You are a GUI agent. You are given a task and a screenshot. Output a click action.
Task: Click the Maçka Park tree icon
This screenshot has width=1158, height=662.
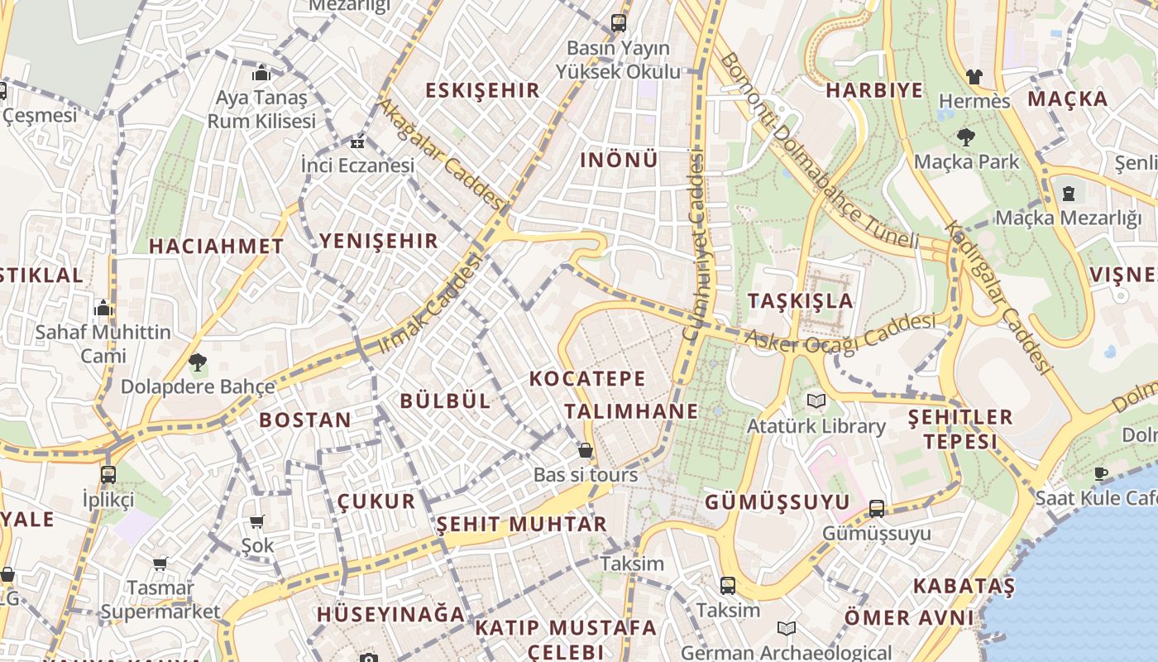pyautogui.click(x=965, y=137)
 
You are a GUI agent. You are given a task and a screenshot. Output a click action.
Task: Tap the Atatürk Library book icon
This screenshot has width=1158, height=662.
pyautogui.click(x=816, y=401)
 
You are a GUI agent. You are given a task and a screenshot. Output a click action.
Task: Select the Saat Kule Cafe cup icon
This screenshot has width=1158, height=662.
pyautogui.click(x=1100, y=473)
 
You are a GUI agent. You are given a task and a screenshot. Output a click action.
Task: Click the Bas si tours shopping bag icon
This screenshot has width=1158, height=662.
pyautogui.click(x=586, y=450)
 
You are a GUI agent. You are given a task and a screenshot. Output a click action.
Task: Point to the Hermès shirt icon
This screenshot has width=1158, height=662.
pyautogui.click(x=974, y=77)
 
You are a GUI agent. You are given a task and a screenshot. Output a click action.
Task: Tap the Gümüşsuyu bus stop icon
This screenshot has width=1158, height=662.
pyautogui.click(x=877, y=508)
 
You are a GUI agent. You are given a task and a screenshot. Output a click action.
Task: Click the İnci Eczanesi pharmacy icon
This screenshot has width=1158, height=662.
pyautogui.click(x=357, y=142)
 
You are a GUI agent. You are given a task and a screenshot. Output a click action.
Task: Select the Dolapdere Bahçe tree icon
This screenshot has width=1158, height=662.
pyautogui.click(x=197, y=362)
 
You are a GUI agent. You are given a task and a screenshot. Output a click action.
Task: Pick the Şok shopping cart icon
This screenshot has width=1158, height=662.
pyautogui.click(x=256, y=521)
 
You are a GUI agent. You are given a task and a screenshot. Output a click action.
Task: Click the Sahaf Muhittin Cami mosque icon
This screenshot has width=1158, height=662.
pyautogui.click(x=103, y=308)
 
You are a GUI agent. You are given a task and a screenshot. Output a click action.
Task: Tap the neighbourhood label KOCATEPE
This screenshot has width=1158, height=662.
pyautogui.click(x=587, y=379)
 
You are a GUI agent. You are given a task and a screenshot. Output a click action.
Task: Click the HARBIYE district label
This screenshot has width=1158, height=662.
pyautogui.click(x=874, y=90)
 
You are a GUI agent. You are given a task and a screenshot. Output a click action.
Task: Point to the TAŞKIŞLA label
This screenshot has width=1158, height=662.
pyautogui.click(x=800, y=300)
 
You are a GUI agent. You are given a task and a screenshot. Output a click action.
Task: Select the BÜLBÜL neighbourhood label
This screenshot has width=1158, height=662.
pyautogui.click(x=445, y=401)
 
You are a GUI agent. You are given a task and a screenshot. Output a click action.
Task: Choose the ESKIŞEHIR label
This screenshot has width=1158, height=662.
pyautogui.click(x=482, y=90)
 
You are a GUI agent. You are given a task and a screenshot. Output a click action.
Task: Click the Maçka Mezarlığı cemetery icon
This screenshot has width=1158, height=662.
pyautogui.click(x=1068, y=194)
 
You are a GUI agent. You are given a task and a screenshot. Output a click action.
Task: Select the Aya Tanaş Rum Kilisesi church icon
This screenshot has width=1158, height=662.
pyautogui.click(x=261, y=73)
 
